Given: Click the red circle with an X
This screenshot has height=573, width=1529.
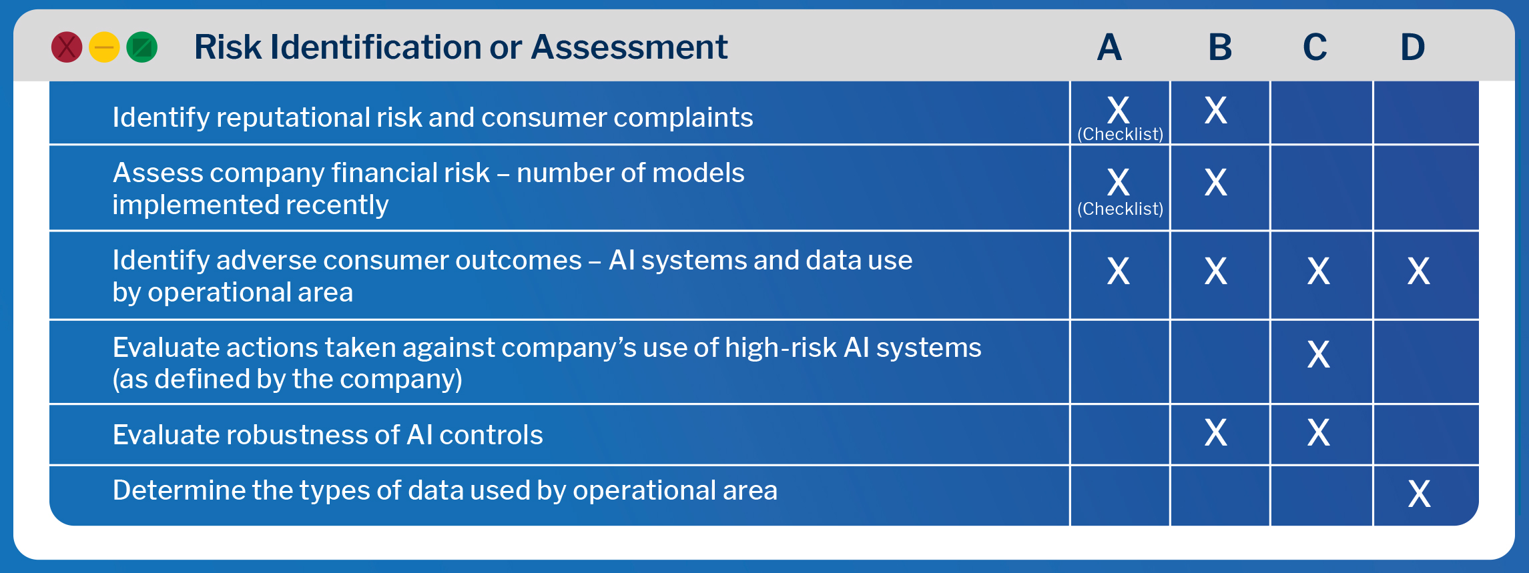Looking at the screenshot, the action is pos(67,47).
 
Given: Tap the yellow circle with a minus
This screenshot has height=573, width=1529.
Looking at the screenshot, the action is pos(104,47).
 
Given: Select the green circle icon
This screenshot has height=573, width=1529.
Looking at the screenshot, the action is pos(141,47).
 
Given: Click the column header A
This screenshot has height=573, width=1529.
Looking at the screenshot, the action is pos(1109,47).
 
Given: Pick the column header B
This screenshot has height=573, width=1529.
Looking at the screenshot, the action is pos(1220,47).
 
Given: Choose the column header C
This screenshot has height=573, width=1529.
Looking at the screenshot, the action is pos(1315,47).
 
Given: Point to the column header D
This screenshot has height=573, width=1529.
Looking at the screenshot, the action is pos(1412,47).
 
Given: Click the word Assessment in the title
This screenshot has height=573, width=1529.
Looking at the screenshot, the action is pos(629,47).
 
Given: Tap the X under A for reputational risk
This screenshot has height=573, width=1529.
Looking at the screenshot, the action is pos(1119,110).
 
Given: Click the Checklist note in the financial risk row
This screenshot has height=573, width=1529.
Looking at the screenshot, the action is pos(1120,209).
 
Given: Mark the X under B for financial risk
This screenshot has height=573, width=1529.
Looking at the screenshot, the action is pos(1215,182).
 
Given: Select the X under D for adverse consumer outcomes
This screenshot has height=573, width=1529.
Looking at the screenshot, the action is pos(1418,271).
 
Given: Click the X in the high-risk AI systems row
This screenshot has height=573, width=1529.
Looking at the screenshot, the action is pos(1318,354).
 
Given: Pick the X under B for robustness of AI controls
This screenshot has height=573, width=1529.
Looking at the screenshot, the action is pos(1215,432).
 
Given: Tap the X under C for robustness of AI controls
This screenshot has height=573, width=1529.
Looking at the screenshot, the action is pos(1318,432).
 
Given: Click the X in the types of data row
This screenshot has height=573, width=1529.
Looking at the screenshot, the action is pos(1419,494).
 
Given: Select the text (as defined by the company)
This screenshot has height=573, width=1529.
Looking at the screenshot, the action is pos(287,380).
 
